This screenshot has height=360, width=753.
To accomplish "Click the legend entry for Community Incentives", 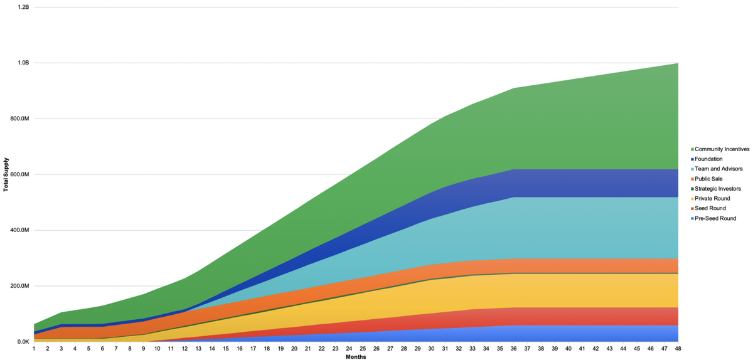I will [x=722, y=149].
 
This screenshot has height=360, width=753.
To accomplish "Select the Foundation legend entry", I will [x=710, y=159].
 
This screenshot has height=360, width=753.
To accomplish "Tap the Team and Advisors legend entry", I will [x=718, y=169].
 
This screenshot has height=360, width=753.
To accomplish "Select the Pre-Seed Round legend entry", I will [x=715, y=218].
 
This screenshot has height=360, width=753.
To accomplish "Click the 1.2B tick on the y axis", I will [x=24, y=8].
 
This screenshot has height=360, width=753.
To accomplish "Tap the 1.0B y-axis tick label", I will [x=24, y=63].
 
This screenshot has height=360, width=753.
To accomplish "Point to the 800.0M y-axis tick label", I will [x=21, y=119].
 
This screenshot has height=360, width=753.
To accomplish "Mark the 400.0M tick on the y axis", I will [x=21, y=230].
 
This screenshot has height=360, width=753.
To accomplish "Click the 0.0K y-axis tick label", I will [x=23, y=342].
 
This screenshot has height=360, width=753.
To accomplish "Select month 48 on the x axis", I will [x=678, y=348].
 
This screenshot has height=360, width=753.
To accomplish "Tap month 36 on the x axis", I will [x=513, y=348].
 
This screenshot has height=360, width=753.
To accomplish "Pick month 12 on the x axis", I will [x=184, y=348].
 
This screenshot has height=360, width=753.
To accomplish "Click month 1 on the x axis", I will [x=34, y=348].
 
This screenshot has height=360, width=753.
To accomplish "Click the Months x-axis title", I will [x=355, y=357].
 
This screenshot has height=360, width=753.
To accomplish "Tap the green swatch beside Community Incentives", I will [x=692, y=149].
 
